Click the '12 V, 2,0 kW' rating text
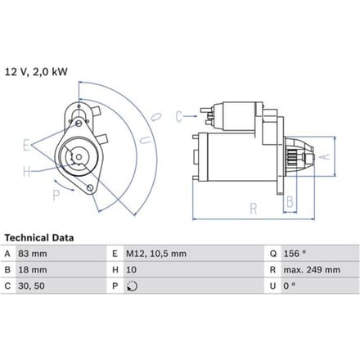(36, 72)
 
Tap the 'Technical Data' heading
(39, 238)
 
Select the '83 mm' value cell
(33, 254)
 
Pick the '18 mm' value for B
(33, 270)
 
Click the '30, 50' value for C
(31, 286)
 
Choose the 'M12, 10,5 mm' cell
(156, 254)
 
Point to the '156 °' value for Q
(295, 254)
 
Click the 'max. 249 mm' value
(312, 270)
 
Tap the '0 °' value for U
(290, 286)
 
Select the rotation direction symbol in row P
(132, 286)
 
